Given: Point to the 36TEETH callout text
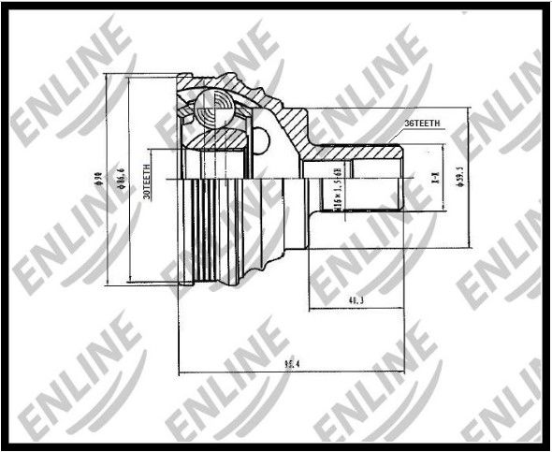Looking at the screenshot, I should point(423,124).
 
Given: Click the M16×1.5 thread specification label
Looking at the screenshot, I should point(336,184).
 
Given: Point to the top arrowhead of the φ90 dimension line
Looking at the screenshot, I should point(110,77).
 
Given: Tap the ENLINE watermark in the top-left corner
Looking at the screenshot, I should point(65,75).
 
